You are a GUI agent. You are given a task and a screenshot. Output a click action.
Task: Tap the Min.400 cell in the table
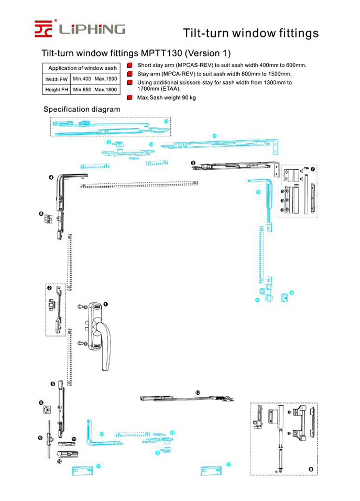(x=82, y=79)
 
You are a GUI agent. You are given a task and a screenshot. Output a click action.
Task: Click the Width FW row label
(x=56, y=79)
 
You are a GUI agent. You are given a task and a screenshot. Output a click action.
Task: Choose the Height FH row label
(x=56, y=90)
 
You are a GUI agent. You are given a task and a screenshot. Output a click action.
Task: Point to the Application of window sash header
(x=82, y=68)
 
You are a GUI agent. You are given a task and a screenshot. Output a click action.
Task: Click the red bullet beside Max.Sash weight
(x=129, y=97)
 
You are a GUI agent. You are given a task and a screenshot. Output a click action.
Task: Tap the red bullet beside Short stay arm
(x=129, y=66)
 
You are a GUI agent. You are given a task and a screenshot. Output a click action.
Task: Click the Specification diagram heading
(x=81, y=110)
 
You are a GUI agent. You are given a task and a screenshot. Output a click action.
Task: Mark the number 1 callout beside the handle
(x=105, y=304)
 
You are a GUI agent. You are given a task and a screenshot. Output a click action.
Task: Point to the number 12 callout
(x=198, y=393)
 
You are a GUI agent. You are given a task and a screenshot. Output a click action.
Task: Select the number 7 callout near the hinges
(x=313, y=169)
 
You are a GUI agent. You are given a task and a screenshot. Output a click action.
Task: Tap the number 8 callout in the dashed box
(x=311, y=469)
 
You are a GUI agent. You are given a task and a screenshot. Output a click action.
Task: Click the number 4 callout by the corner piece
(x=51, y=178)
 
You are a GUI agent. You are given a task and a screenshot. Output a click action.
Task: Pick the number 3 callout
(x=193, y=164)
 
